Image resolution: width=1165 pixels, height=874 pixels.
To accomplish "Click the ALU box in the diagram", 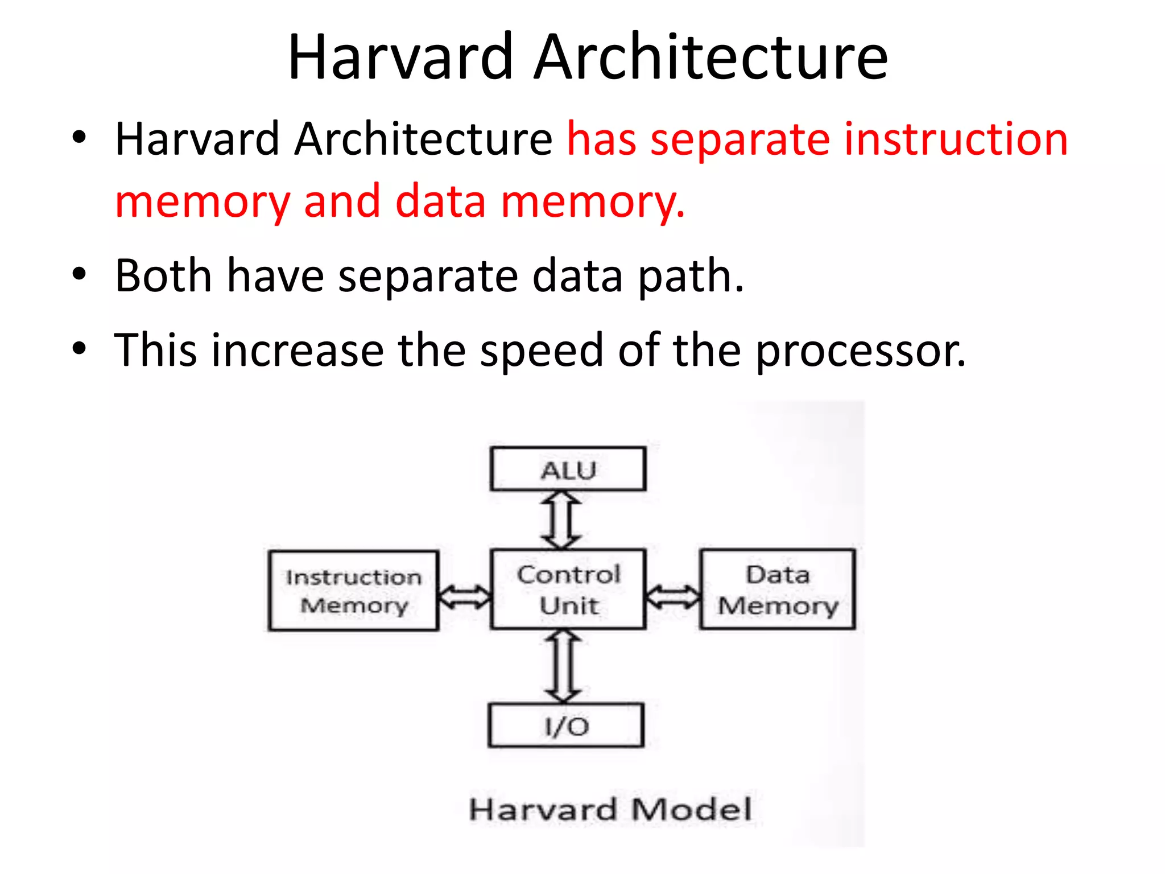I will pos(568,469).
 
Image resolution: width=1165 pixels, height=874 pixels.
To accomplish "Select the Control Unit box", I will pos(568,589).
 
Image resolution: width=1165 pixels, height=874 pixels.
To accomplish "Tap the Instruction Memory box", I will pos(353,591).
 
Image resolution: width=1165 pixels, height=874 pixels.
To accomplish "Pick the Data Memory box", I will pos(777,589).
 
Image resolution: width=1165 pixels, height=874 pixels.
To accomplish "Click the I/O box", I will pos(566,725).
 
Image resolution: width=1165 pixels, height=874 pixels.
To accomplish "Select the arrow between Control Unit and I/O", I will pos(563,666).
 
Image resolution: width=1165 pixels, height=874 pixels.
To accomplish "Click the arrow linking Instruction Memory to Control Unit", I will pos(465,596).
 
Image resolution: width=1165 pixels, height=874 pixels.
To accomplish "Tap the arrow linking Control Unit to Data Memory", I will pos(673,596).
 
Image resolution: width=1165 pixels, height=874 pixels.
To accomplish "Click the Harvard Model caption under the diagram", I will pos(610,809).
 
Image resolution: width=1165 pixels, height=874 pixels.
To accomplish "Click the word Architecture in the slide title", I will pos(710,57).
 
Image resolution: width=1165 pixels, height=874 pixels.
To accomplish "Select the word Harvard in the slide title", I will pos(401,57).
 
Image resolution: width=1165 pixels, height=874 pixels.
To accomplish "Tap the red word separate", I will pos(740,140).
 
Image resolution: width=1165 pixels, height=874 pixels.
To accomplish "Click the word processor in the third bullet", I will pos(860,351).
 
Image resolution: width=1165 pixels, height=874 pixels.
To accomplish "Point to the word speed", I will pos(542,351).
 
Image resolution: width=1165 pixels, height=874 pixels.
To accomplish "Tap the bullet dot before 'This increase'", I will pos(79,348).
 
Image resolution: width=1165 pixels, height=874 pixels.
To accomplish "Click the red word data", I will pos(440,201).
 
